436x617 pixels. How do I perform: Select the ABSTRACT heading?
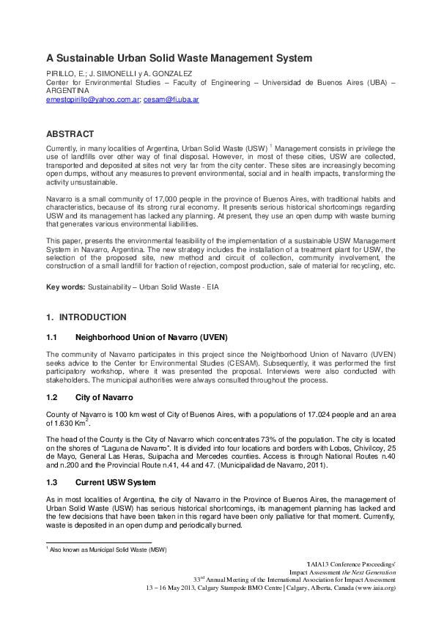[x=70, y=134]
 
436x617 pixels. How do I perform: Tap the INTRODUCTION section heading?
[x=92, y=317]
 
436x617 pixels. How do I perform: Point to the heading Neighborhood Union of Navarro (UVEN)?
[x=152, y=337]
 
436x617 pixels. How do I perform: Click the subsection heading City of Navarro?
[x=104, y=397]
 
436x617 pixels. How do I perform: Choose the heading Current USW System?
[x=115, y=482]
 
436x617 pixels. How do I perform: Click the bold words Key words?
[x=65, y=287]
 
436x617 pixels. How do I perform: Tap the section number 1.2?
[x=51, y=397]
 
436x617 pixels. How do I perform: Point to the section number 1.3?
[x=51, y=482]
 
